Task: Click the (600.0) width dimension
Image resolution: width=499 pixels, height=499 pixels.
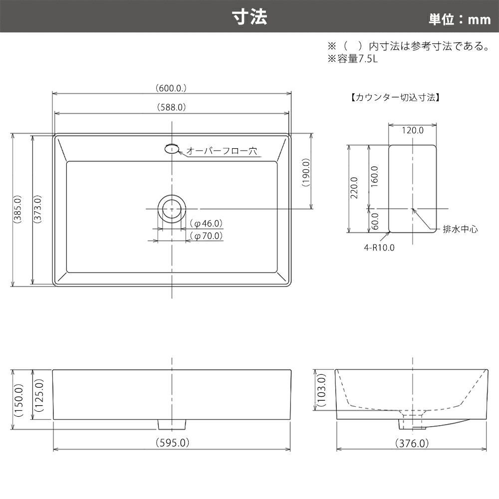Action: point(171,88)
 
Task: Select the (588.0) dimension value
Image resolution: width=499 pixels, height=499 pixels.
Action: point(172,107)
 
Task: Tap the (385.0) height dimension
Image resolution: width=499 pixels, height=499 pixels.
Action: point(17,209)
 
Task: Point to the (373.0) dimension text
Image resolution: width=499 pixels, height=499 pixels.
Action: point(37,209)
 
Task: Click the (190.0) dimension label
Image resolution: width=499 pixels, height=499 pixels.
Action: point(306,172)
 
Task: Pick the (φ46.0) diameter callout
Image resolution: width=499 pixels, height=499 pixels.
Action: point(206,224)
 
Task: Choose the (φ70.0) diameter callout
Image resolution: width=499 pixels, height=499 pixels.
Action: point(206,236)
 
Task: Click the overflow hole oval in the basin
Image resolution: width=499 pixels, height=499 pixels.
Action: point(172,149)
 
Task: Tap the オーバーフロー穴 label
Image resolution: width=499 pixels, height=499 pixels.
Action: point(222,151)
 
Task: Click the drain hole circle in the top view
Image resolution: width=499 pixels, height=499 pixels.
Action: point(172,209)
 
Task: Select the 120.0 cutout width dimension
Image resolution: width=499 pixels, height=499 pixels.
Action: point(413,130)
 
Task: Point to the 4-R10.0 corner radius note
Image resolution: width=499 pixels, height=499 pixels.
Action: point(379,248)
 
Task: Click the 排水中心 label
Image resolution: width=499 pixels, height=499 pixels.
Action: point(460,229)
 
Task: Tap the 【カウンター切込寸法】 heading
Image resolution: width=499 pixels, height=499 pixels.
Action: point(396,97)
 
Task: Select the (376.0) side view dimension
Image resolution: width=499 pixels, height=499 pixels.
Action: point(412,443)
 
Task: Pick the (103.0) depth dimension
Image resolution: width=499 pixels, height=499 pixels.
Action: point(322,390)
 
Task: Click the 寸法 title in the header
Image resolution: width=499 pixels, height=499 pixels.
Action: point(249,17)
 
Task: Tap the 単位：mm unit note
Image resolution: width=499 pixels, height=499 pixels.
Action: point(460,19)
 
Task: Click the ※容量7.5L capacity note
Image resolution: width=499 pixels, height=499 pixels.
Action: point(353,59)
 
